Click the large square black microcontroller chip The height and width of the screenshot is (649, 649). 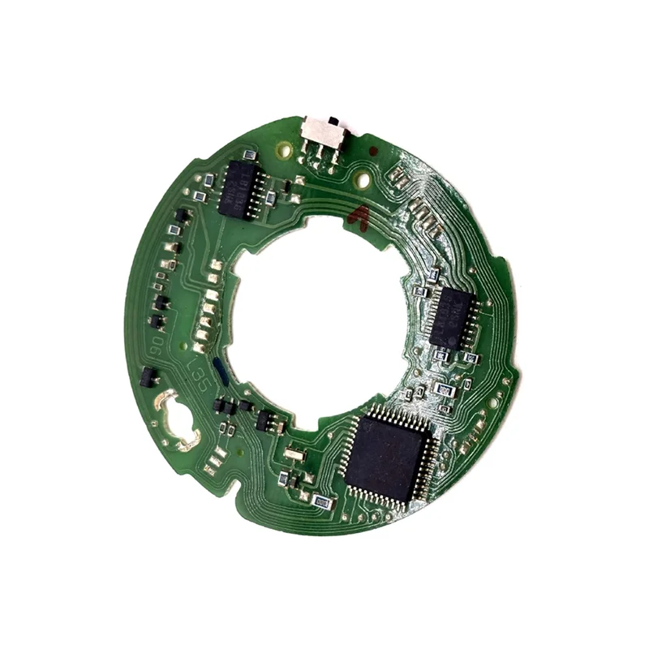tap(386, 457)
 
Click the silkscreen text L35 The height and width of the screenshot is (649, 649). tap(195, 374)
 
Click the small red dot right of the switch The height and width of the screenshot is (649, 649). tap(372, 151)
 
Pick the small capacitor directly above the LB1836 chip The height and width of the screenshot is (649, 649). tap(250, 154)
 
